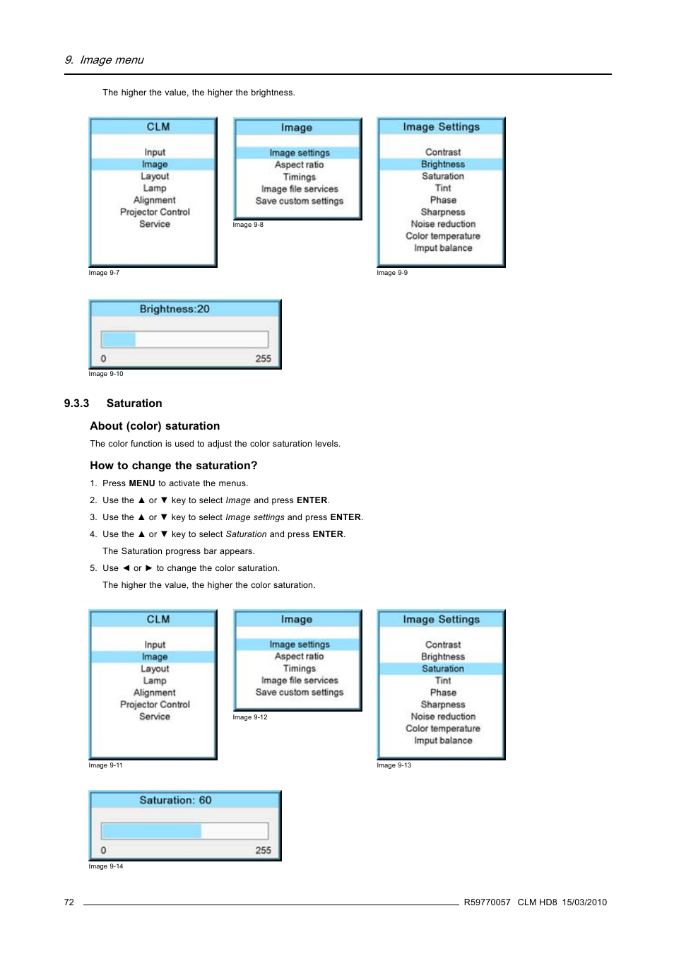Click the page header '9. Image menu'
(x=104, y=60)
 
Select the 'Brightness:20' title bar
(x=175, y=309)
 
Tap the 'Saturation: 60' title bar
(x=175, y=800)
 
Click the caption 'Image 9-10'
(x=106, y=374)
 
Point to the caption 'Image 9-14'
(x=106, y=866)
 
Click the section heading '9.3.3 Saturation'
(x=113, y=404)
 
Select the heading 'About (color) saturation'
(x=155, y=426)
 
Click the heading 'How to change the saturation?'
(x=174, y=466)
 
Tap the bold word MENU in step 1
(x=141, y=483)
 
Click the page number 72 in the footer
(x=69, y=902)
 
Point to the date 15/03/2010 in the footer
(x=584, y=902)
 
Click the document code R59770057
(x=487, y=902)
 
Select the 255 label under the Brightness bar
(x=263, y=359)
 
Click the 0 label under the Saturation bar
(x=104, y=851)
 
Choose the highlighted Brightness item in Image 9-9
(x=443, y=164)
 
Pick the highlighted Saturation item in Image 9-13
(x=443, y=669)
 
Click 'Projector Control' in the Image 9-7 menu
(x=155, y=212)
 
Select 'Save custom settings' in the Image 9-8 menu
(x=300, y=201)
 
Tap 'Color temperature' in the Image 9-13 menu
(x=443, y=729)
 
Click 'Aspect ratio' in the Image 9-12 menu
(x=300, y=656)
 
